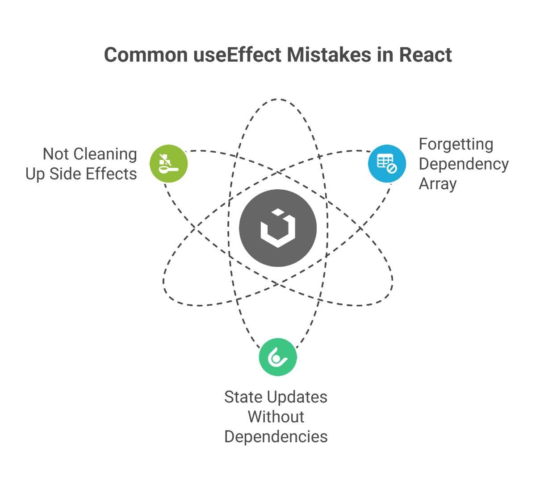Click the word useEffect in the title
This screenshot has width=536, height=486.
coord(237,55)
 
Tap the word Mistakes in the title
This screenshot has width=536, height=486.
coord(329,55)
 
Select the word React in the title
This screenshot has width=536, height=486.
coord(425,55)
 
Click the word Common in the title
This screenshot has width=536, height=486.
coord(146,55)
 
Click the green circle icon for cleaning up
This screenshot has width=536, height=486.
coord(168,164)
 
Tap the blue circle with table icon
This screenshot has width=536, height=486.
coord(387,164)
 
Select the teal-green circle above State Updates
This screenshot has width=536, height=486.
coord(278,357)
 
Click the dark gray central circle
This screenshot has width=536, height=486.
coord(278,228)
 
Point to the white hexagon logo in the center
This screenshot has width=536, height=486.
coord(278,228)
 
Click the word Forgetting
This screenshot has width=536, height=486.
coord(456,145)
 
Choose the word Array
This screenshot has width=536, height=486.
coord(438,184)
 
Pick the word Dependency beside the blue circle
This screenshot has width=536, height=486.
coord(464,165)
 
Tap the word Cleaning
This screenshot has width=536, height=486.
coord(105,154)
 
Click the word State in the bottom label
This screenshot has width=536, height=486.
coord(243,397)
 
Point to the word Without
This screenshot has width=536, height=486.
coord(276,417)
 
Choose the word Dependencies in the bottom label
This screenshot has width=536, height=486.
coord(276,437)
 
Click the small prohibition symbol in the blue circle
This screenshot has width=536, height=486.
coord(392,169)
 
